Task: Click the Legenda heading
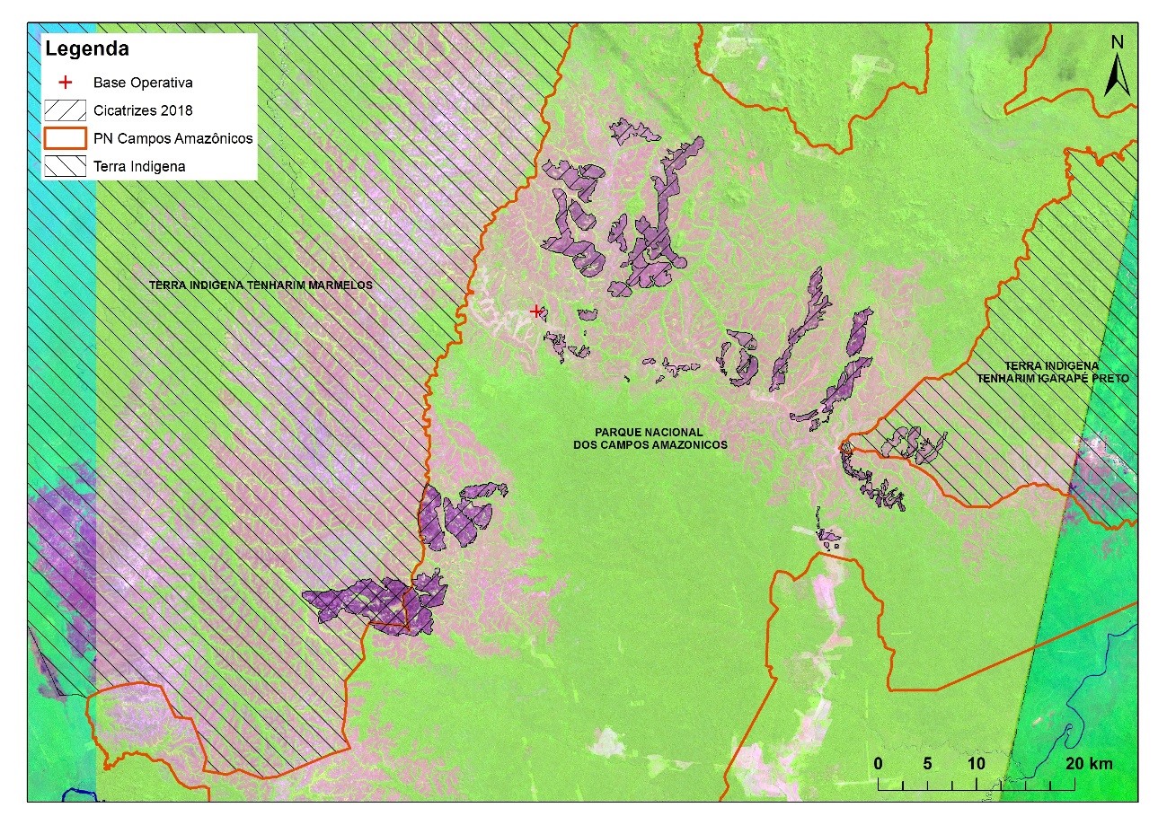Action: point(87,48)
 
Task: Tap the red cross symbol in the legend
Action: point(65,82)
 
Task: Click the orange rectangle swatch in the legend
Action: point(65,138)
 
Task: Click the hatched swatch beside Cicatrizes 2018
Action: point(65,110)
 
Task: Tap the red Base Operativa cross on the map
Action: point(536,312)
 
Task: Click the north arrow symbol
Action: point(1116,76)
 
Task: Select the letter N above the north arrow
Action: point(1117,42)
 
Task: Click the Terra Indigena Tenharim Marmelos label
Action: point(261,285)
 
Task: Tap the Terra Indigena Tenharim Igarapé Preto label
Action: point(1054,373)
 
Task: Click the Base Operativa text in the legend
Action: point(143,82)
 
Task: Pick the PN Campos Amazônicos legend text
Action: point(172,138)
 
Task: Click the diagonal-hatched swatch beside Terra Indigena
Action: point(65,166)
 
